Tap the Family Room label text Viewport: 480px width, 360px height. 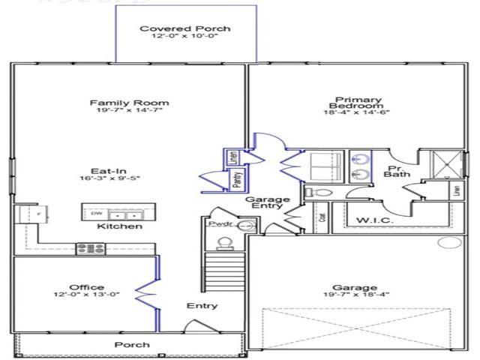point(129,103)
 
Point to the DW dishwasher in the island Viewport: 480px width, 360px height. point(96,213)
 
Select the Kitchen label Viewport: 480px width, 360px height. point(120,226)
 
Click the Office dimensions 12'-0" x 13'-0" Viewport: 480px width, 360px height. point(87,295)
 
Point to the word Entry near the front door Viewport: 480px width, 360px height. point(202,305)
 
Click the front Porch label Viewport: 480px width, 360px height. point(132,345)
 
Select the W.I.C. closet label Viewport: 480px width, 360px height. point(370,220)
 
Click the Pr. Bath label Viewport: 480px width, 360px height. point(396,172)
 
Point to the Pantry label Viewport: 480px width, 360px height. point(236,178)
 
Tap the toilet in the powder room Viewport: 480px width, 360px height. point(224,242)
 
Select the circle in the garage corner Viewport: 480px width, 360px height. point(450,242)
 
